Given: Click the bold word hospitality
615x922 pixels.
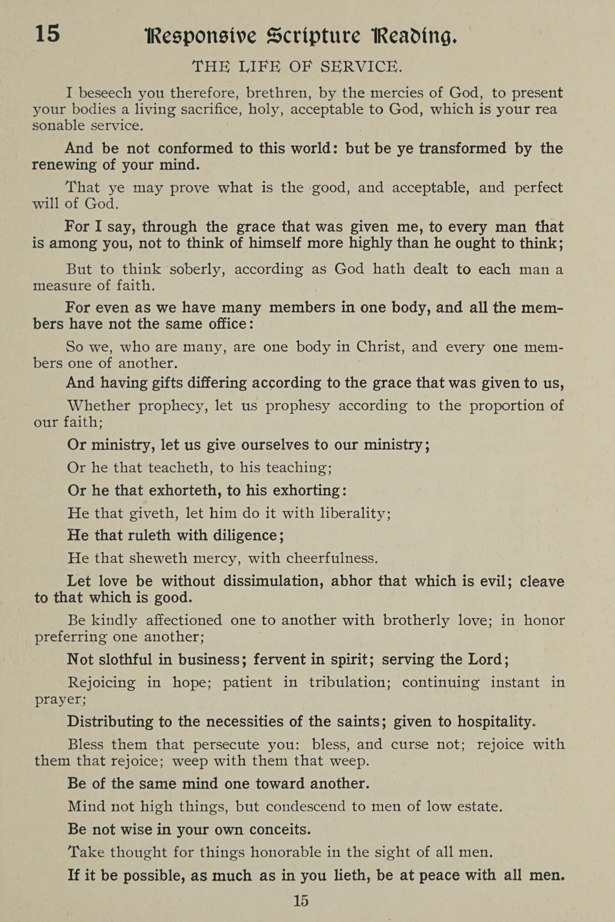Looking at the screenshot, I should (496, 722).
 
